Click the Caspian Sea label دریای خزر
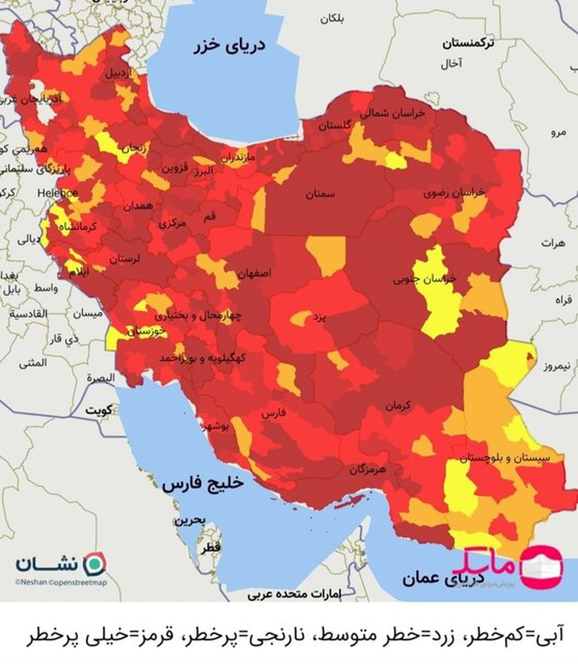coord(230,46)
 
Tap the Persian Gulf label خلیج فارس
coord(203,484)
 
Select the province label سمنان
coord(320,194)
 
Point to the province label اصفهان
coord(254,273)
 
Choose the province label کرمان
coord(398,406)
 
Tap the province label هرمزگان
coord(368,469)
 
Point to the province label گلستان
coord(334,126)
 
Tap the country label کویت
coord(99,411)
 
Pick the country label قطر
coord(211,547)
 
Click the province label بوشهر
coord(217,427)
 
